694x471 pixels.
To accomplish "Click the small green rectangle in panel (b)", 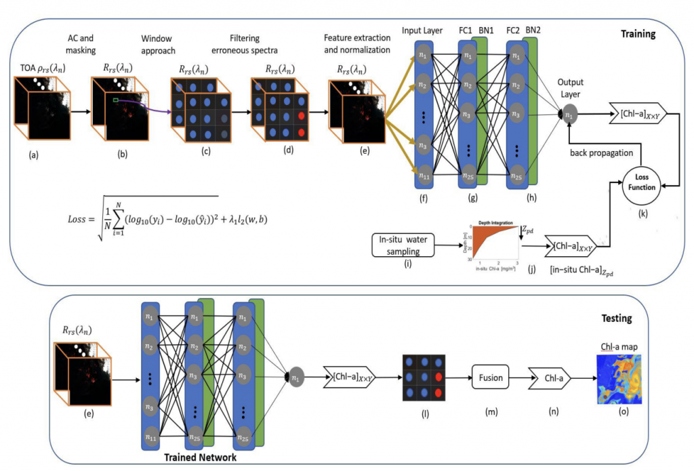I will coord(117,102).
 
